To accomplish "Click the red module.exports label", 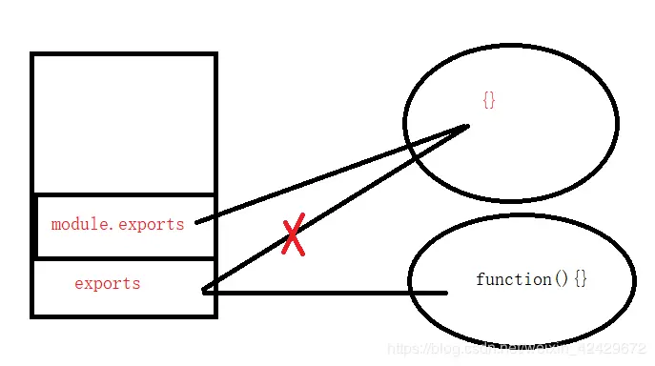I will coord(117,225).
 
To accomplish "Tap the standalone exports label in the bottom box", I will coord(107,284).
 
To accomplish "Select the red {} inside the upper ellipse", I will coord(489,100).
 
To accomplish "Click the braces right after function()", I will coord(581,279).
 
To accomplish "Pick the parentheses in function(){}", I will coord(561,279).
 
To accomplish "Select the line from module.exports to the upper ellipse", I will coord(334,173).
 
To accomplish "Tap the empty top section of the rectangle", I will coord(124,124).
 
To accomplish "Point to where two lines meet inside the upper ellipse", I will coord(466,126).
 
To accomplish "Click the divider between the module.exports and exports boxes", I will coord(124,258).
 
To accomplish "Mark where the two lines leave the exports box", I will coord(205,291).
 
